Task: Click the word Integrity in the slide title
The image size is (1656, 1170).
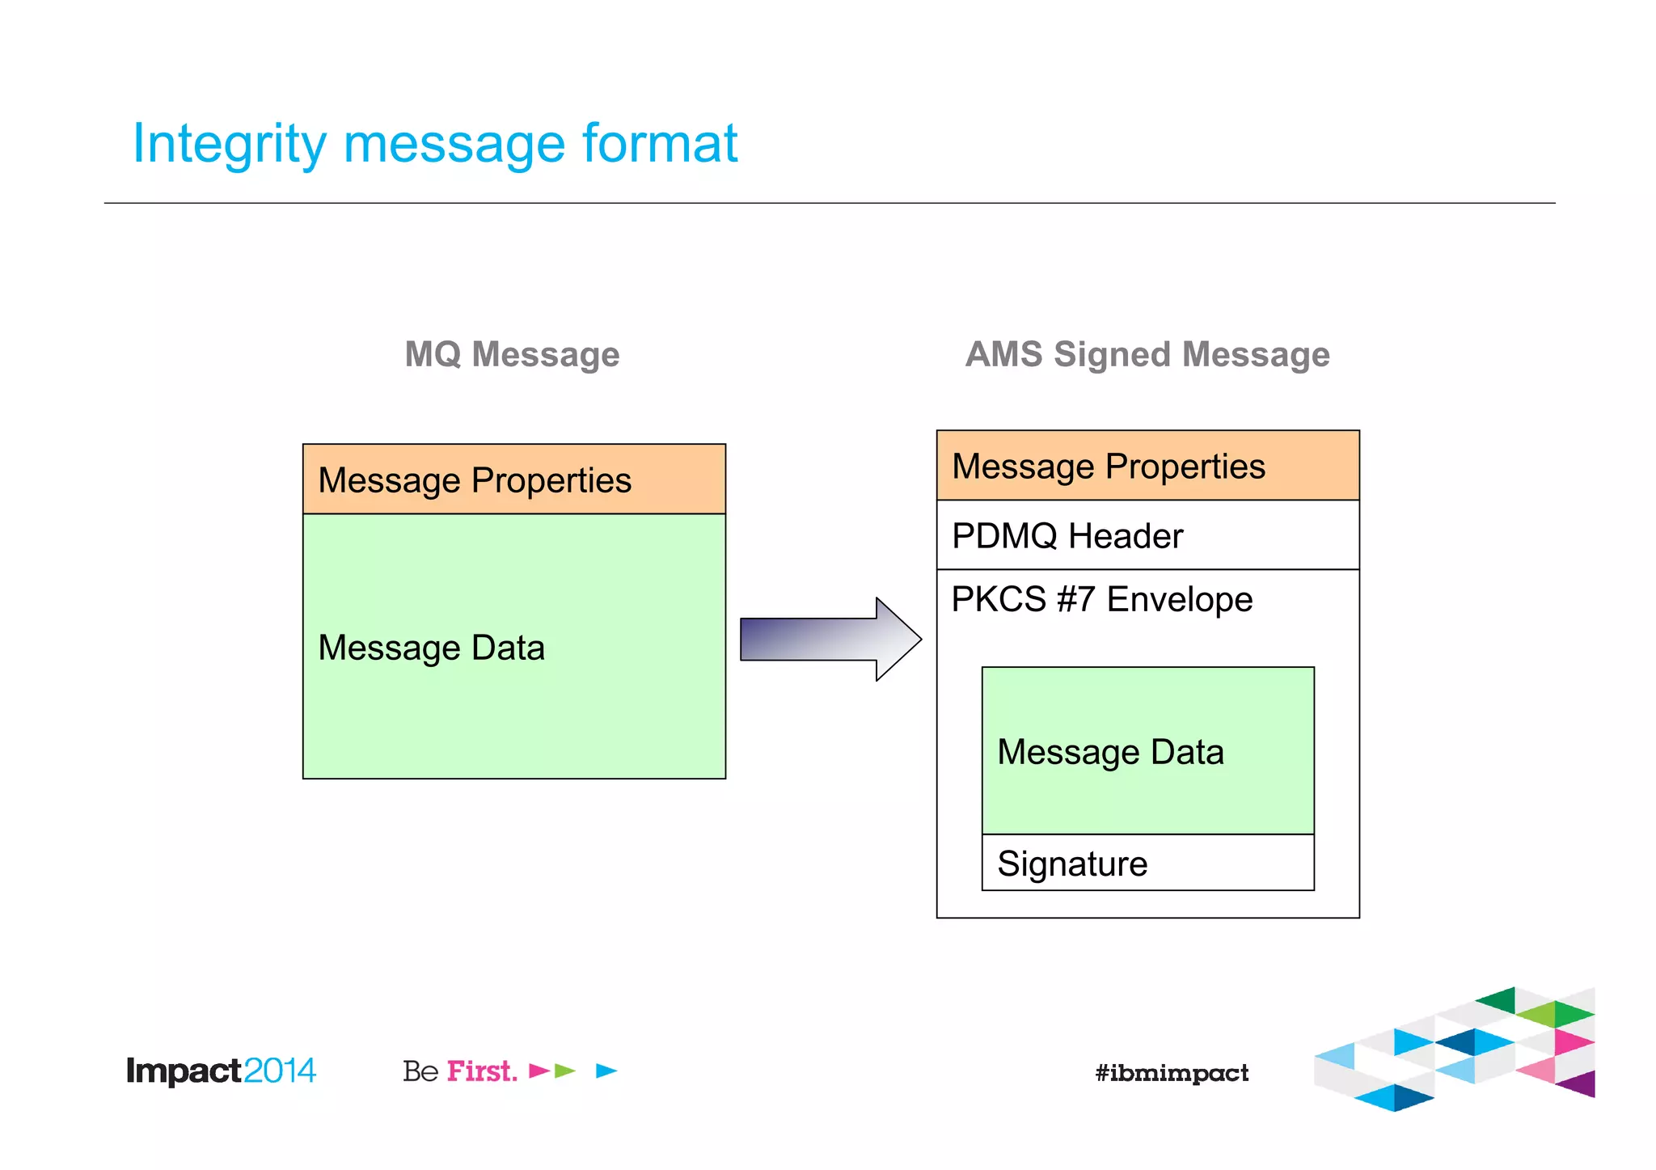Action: [228, 144]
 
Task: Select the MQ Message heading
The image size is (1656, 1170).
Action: [512, 354]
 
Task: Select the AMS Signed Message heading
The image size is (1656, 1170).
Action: [1147, 354]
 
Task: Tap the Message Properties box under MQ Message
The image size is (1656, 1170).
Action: [513, 479]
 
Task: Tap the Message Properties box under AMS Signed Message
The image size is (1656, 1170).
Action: [1147, 466]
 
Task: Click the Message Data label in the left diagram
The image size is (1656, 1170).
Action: [431, 648]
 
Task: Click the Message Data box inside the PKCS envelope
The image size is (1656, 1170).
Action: [1147, 751]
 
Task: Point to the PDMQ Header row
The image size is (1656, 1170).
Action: [1147, 535]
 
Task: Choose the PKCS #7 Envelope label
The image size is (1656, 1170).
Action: [1101, 599]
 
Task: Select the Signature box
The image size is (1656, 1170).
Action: [1147, 863]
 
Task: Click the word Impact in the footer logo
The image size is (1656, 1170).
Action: [184, 1071]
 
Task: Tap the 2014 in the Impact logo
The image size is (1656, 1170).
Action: [279, 1071]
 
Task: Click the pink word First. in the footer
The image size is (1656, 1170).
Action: [482, 1071]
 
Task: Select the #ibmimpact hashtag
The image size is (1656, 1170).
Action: [1171, 1073]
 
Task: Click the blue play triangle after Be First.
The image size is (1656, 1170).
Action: [606, 1071]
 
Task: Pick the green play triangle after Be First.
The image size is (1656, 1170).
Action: [564, 1071]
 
